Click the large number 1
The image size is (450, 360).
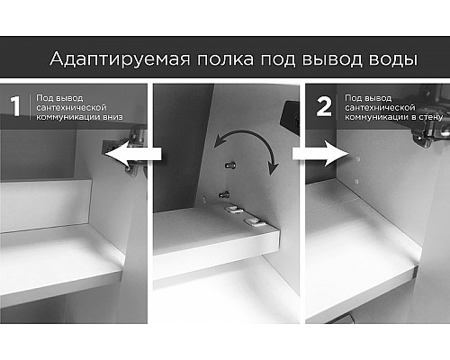pos(13,106)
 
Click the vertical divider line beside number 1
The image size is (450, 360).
pos(31,106)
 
